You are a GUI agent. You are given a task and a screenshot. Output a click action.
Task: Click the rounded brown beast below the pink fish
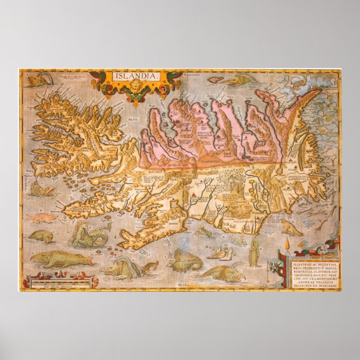click(x=40, y=236)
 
